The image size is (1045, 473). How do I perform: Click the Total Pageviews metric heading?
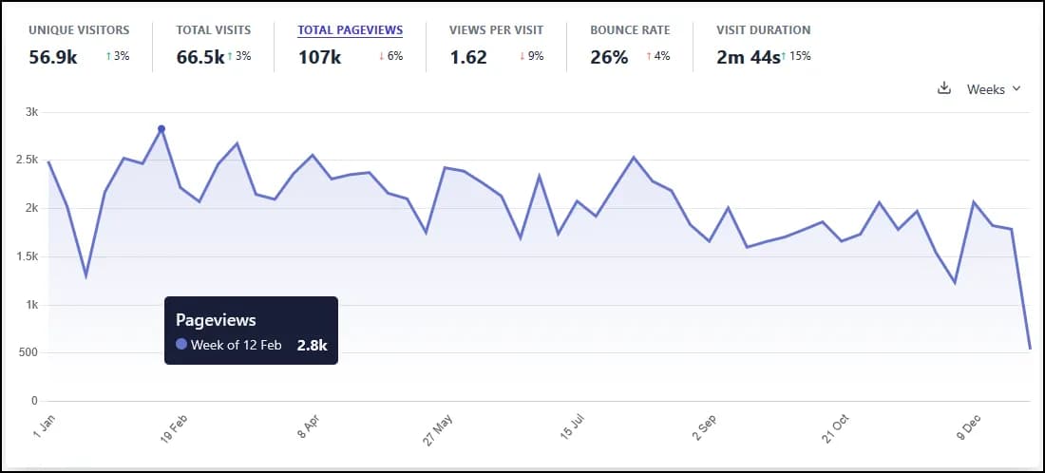point(350,30)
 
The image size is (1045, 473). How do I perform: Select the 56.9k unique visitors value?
point(52,57)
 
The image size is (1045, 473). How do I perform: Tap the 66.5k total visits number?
point(200,57)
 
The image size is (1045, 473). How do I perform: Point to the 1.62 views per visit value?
point(468,57)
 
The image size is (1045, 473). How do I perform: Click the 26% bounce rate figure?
point(609,57)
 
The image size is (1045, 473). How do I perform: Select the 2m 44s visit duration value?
point(749,57)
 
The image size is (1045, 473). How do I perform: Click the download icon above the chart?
point(943,88)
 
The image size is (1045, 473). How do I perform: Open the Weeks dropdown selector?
point(993,89)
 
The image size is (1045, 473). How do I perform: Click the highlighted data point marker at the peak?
point(161,129)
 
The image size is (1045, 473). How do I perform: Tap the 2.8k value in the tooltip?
point(312,345)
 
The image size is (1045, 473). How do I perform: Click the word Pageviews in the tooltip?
point(216,321)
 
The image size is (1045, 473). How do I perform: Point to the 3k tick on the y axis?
point(31,112)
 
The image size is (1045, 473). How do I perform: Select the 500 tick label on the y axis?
point(28,353)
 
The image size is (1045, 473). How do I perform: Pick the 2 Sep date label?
point(706,429)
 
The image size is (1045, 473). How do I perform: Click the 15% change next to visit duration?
point(799,56)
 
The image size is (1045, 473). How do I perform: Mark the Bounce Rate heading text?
point(630,30)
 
